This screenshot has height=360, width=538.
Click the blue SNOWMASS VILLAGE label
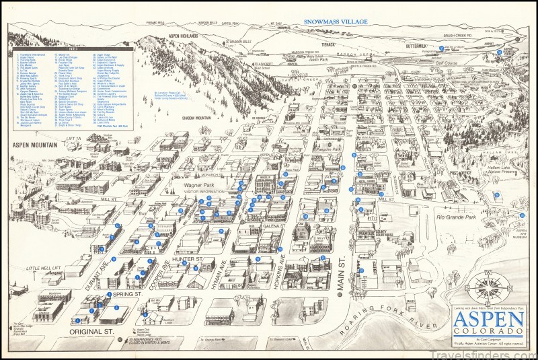[x=336, y=22]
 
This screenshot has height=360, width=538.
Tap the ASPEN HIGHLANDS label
[x=182, y=35]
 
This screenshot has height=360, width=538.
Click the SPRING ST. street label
[x=126, y=294]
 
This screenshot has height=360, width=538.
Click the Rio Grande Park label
[x=459, y=217]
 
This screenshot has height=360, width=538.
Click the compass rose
[x=489, y=286]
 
